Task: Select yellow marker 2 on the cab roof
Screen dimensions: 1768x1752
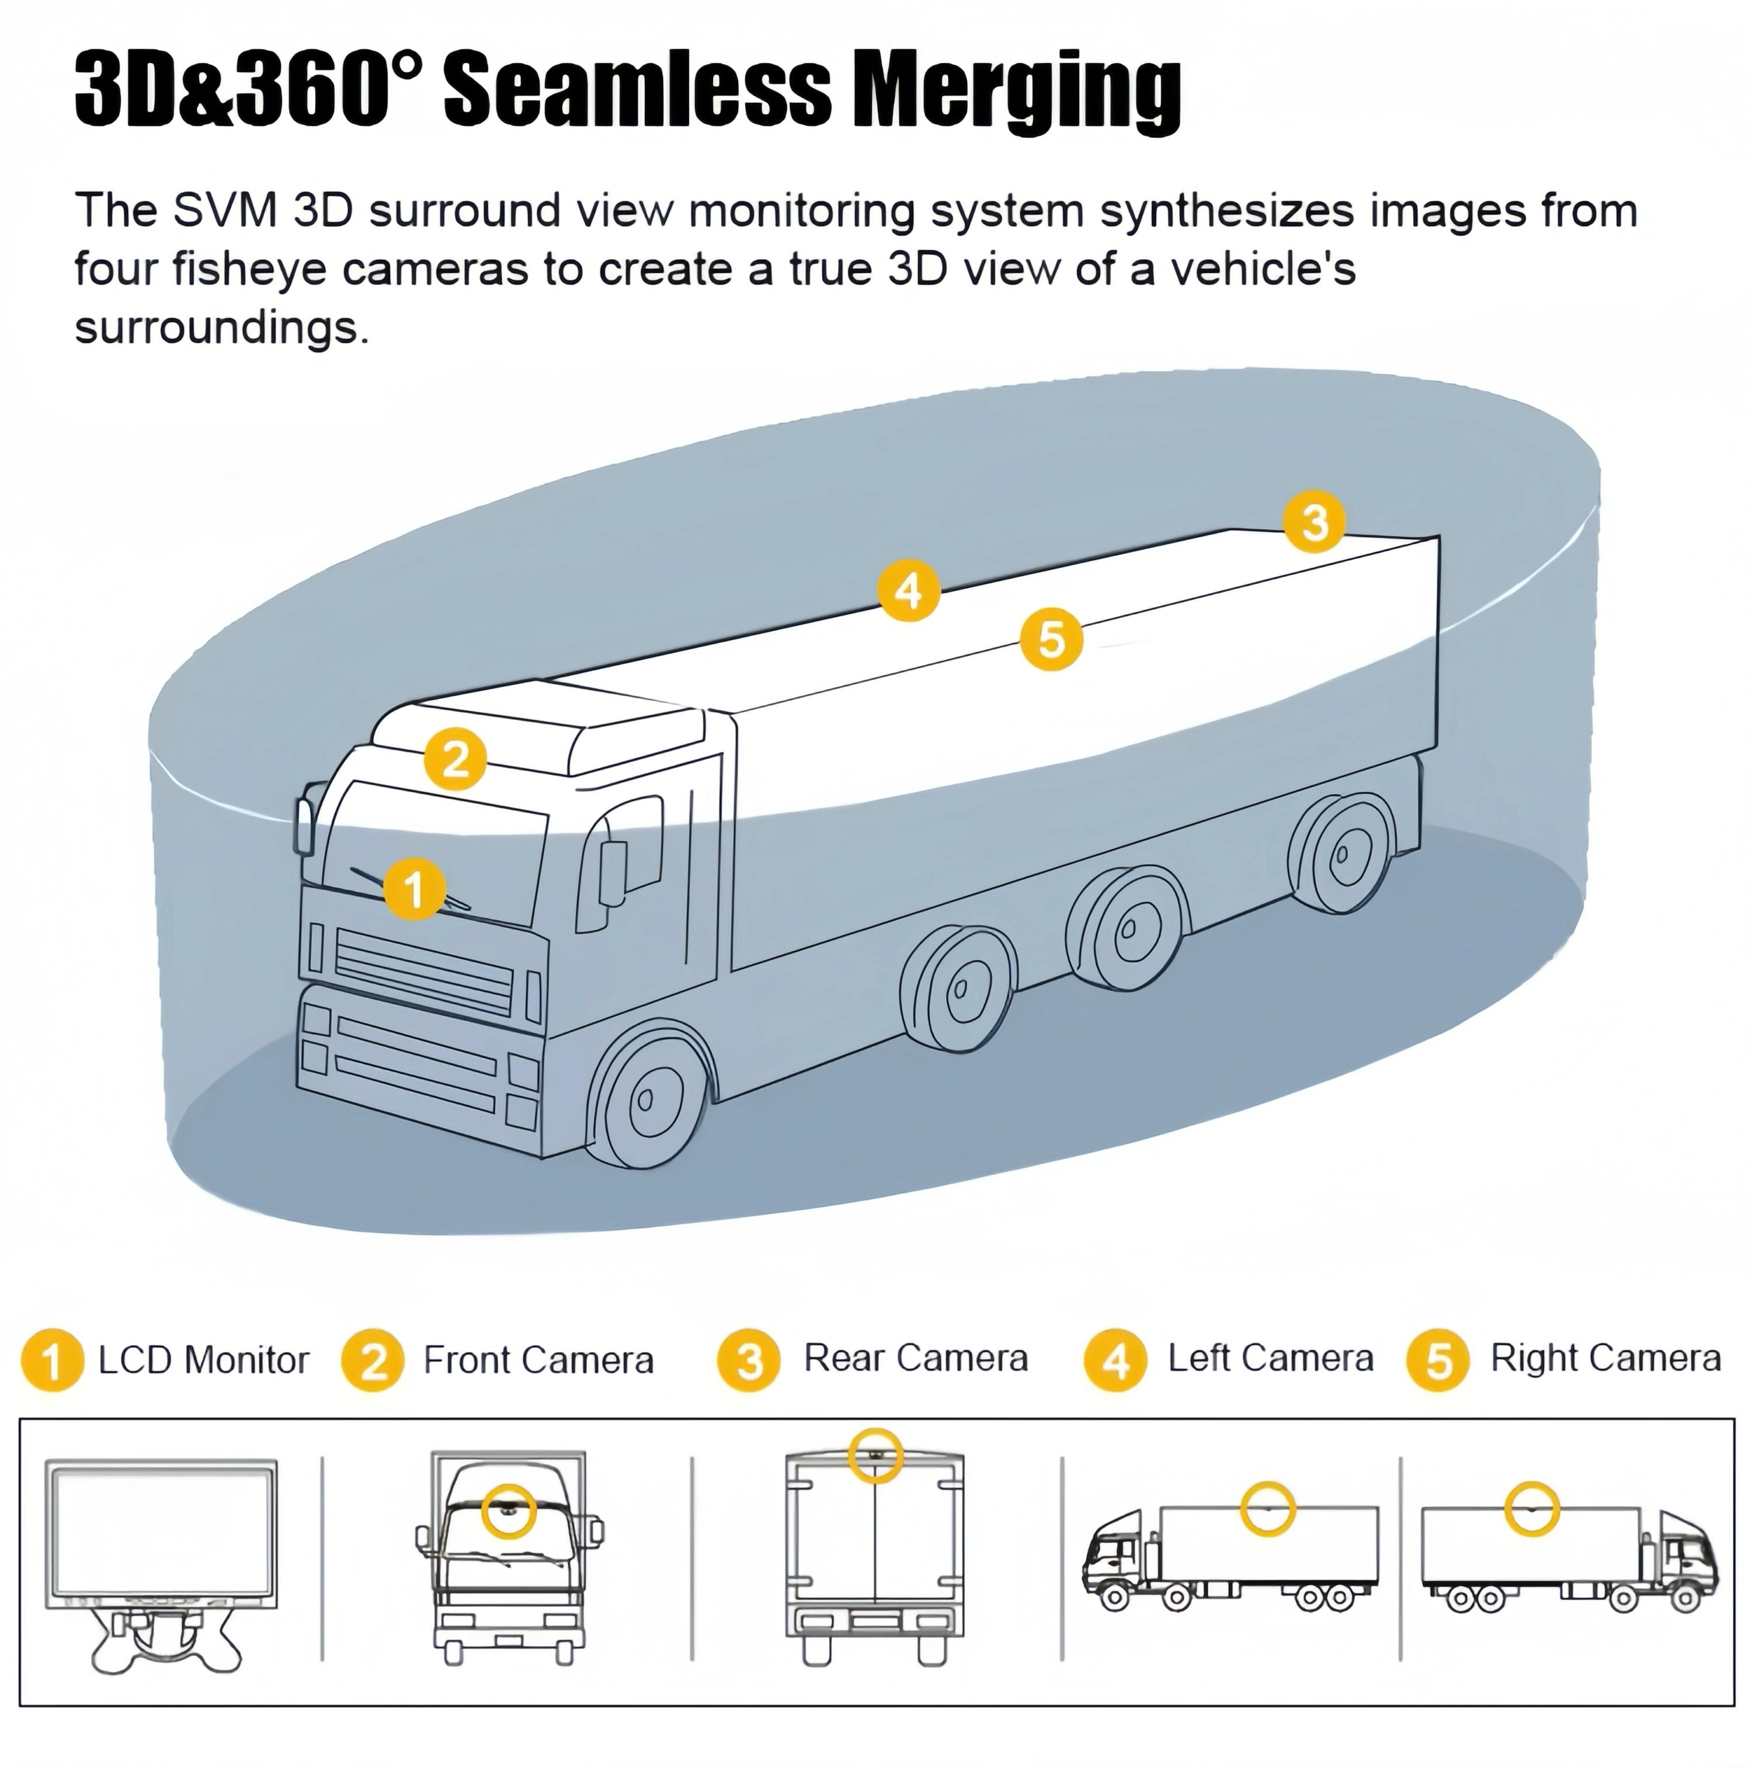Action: (455, 758)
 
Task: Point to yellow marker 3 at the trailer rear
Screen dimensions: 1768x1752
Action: (1313, 523)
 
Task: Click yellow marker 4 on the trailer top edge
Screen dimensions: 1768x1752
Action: (908, 590)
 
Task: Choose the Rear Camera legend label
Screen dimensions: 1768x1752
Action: (915, 1359)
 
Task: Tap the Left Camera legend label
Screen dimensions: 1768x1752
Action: (1271, 1359)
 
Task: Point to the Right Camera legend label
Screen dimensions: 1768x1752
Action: (1605, 1359)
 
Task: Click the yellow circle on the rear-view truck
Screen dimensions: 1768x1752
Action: (875, 1455)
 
